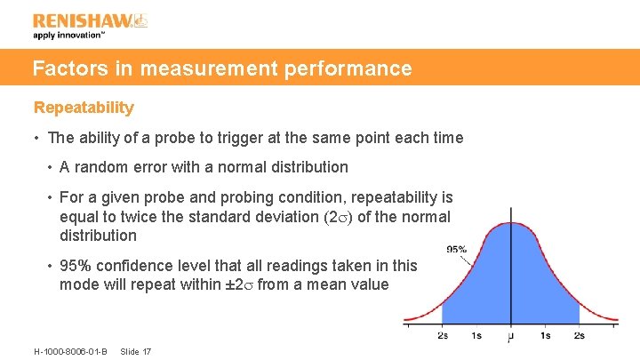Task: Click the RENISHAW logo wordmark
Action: tap(82, 20)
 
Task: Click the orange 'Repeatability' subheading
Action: tap(84, 108)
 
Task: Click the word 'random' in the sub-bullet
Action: tap(98, 166)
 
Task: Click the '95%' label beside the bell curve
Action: tap(456, 249)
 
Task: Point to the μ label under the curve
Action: tap(510, 337)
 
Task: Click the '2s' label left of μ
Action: tap(444, 336)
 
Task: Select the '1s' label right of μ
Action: tap(545, 336)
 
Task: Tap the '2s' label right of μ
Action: tap(580, 336)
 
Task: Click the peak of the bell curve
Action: tap(510, 223)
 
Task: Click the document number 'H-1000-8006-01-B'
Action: tap(70, 351)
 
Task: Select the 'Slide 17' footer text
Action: tap(135, 351)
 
